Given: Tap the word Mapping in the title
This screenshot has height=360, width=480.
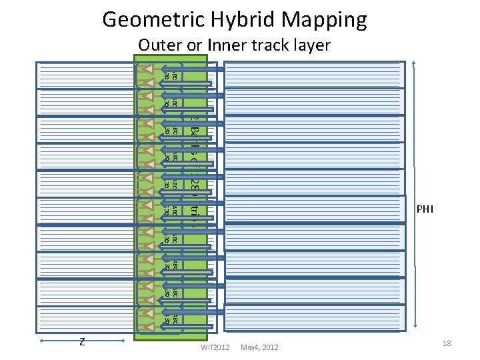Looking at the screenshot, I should click(x=325, y=20).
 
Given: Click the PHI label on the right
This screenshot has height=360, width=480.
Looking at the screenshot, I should click(x=425, y=209).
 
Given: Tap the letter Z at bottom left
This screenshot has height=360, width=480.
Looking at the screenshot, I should click(x=81, y=342).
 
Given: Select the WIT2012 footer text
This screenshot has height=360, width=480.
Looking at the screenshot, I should click(x=215, y=347).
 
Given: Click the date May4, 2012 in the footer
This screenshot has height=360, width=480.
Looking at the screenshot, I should click(x=260, y=347).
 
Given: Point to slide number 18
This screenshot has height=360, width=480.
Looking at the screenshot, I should click(x=447, y=343).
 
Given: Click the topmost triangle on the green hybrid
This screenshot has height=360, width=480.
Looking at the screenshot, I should click(x=147, y=70).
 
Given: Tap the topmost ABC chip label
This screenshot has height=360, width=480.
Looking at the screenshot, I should click(x=171, y=75).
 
